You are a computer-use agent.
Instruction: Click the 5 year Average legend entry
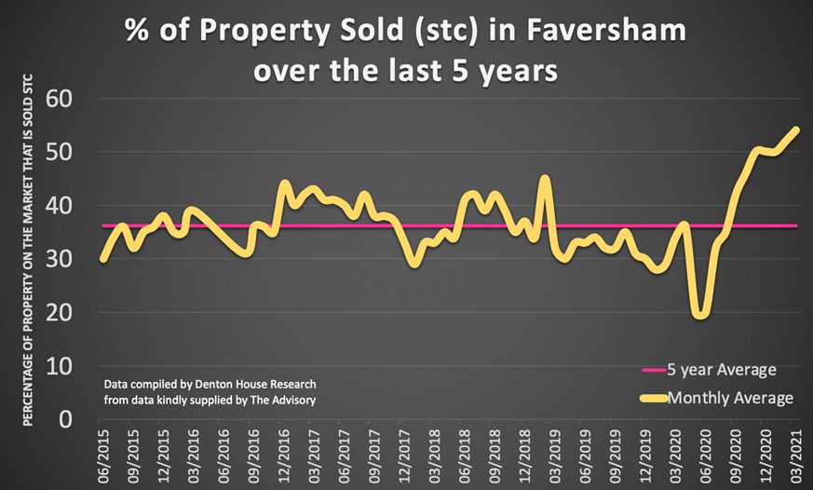pos(721,370)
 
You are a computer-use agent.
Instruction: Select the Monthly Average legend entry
pos(729,398)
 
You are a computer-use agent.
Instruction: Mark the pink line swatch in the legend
pos(652,371)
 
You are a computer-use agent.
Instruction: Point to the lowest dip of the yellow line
pos(700,315)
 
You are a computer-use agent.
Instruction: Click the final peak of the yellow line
pos(796,129)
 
